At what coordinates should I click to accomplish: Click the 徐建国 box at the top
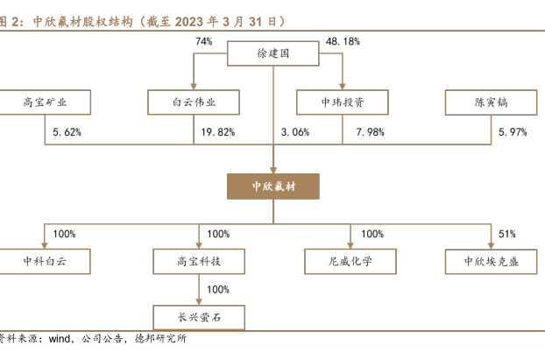pos(272,53)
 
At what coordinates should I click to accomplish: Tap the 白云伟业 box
pos(195,102)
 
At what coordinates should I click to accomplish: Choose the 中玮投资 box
pos(343,102)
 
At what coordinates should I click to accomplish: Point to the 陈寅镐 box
pos(490,102)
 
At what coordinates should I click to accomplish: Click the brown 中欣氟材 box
pos(272,186)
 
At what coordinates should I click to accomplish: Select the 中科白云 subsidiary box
pos(45,261)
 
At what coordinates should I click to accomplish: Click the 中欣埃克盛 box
pos(490,261)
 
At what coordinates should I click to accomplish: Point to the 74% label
pos(204,41)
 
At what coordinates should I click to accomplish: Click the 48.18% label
pos(343,41)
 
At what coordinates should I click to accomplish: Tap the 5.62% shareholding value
pos(67,132)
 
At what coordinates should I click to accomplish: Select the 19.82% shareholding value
pos(218,132)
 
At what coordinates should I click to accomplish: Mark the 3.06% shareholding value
pos(295,132)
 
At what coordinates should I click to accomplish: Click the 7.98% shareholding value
pos(370,132)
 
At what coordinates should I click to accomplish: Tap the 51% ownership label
pos(507,234)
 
